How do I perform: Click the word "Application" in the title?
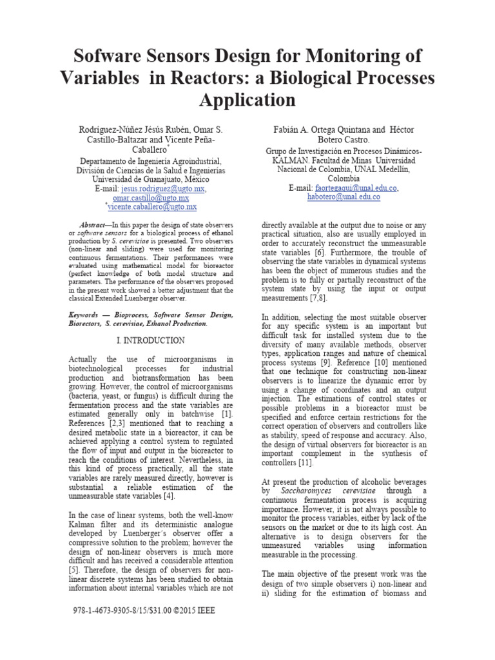point(247,100)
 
